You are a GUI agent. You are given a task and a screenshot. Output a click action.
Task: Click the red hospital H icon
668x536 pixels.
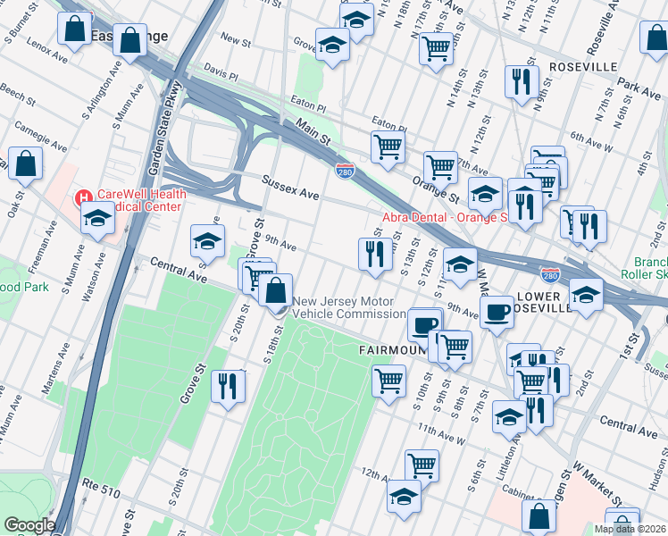pos(83,197)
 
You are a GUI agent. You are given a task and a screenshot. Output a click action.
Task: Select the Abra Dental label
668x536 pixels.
pos(444,216)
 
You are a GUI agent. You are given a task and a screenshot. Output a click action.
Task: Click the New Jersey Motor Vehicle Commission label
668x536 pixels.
pos(348,308)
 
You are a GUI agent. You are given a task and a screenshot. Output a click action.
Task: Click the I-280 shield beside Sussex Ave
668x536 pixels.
pos(345,170)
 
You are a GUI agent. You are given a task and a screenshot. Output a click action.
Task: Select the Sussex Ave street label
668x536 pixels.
pos(290,187)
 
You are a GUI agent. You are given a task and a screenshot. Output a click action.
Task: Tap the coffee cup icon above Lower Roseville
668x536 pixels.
pos(497,311)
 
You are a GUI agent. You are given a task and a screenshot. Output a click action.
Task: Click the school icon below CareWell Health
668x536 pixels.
pos(97,217)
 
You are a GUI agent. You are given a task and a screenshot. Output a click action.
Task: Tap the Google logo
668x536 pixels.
pos(29,525)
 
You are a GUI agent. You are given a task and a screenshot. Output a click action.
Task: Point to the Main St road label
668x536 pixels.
pos(313,135)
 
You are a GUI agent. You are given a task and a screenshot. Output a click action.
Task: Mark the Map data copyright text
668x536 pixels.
pos(630,529)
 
